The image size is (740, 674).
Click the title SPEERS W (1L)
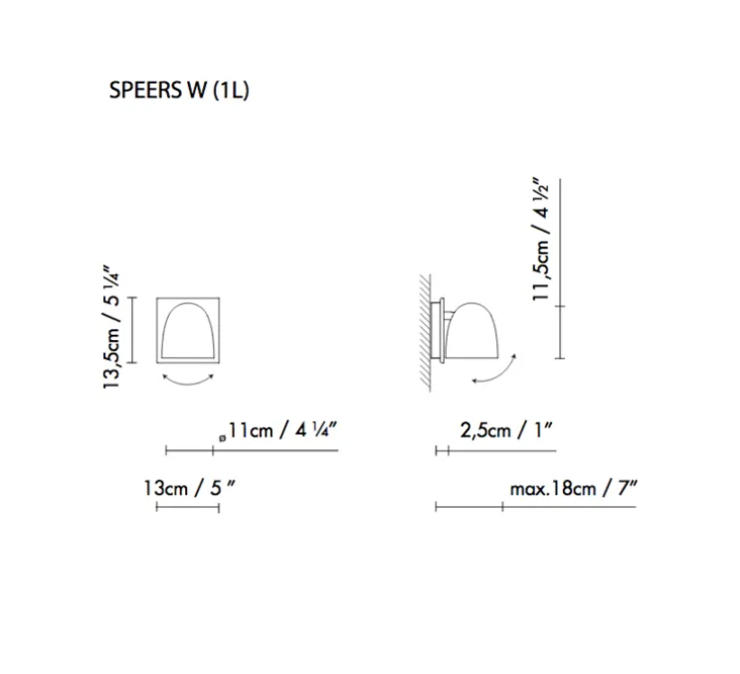point(179,89)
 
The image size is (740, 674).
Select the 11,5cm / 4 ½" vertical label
point(541,240)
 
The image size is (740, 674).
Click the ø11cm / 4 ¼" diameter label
point(277,430)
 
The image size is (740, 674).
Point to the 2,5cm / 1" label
point(506,430)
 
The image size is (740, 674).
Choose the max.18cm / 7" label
point(574,488)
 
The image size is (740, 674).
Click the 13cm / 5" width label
point(189,488)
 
